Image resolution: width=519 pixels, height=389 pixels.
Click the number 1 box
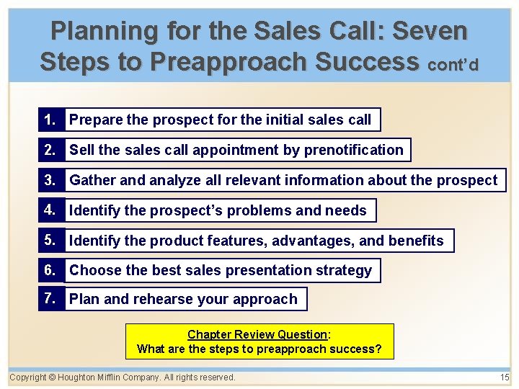tap(50, 120)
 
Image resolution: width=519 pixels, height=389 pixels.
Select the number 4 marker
tap(50, 210)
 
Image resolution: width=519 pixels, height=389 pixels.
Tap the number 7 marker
tap(50, 298)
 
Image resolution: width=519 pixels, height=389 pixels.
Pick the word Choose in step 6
tap(94, 271)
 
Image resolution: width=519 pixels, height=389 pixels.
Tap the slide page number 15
tap(504, 377)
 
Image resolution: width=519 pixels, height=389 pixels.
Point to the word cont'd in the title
tap(453, 65)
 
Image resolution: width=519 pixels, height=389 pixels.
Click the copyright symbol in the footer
tap(53, 377)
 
